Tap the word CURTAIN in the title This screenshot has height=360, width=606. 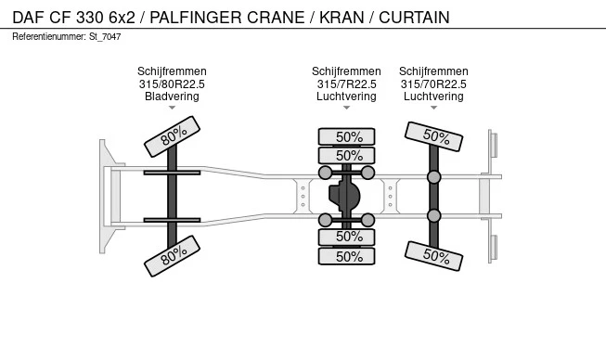point(414,18)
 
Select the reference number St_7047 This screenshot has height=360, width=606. point(105,37)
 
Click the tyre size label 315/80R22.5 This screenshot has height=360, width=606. point(172,84)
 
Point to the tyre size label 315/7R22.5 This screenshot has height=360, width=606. point(346,84)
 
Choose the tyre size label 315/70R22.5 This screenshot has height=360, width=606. point(433,84)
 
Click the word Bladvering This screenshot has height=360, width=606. point(172,96)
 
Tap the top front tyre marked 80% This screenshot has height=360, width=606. point(172,136)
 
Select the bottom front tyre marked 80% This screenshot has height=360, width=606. point(172,256)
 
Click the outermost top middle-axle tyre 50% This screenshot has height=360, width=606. point(347,136)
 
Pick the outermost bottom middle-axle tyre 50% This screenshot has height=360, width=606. point(347,256)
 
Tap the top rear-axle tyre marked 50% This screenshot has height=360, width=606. point(433,136)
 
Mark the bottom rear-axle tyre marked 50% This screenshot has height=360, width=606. point(433,256)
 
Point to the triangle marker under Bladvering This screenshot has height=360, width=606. point(172,108)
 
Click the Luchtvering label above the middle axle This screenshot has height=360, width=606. point(346,96)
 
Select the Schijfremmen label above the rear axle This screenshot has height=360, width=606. point(433,71)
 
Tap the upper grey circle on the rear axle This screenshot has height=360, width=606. point(434,177)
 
